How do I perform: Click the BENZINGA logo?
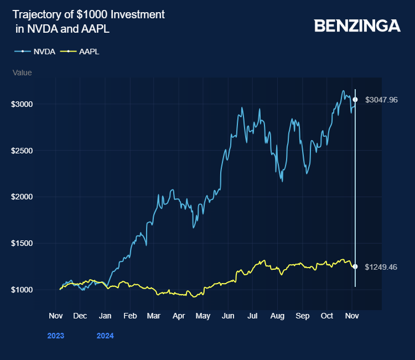(357, 25)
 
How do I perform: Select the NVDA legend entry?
(44, 52)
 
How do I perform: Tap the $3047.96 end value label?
(381, 100)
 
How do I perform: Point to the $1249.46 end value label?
(381, 267)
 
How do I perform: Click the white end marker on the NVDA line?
(355, 100)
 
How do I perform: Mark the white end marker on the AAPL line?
(355, 266)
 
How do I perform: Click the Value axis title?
(22, 73)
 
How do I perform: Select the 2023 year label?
(55, 335)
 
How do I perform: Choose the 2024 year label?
(105, 335)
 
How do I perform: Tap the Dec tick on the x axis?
(80, 316)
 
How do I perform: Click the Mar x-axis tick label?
(154, 316)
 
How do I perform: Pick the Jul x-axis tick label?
(252, 316)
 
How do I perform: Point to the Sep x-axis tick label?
(302, 316)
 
